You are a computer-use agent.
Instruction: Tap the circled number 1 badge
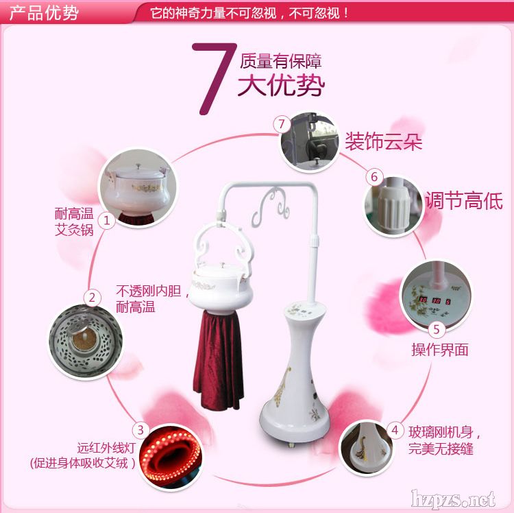pyautogui.click(x=106, y=220)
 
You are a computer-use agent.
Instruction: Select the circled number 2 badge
pyautogui.click(x=92, y=298)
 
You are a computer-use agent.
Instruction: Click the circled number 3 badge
pyautogui.click(x=140, y=430)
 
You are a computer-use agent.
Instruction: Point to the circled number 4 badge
pyautogui.click(x=395, y=430)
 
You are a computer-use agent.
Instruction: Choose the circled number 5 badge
pyautogui.click(x=436, y=329)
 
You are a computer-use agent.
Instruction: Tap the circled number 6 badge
pyautogui.click(x=374, y=177)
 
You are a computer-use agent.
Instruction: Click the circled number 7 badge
pyautogui.click(x=282, y=124)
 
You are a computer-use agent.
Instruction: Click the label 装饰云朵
pyautogui.click(x=384, y=141)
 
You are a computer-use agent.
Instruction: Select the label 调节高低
pyautogui.click(x=464, y=200)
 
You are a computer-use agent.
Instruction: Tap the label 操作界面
pyautogui.click(x=440, y=350)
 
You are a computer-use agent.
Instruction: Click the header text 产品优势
pyautogui.click(x=44, y=13)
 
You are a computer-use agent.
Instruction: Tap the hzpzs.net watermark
pyautogui.click(x=454, y=500)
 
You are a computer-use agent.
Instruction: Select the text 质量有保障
pyautogui.click(x=280, y=61)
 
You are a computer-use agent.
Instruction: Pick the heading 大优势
pyautogui.click(x=281, y=84)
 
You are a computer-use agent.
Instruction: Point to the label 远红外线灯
pyautogui.click(x=106, y=448)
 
